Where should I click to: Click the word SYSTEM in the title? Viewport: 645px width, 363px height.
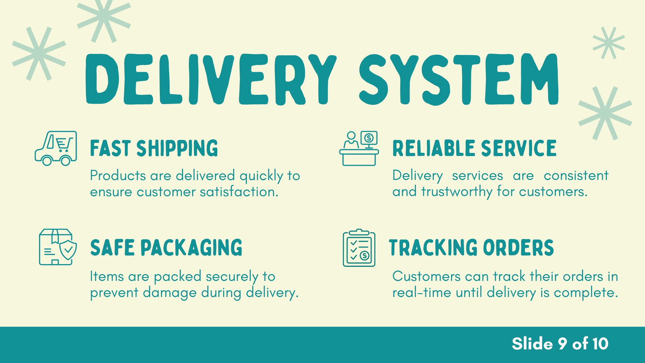[459, 79]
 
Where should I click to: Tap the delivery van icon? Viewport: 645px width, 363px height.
[56, 148]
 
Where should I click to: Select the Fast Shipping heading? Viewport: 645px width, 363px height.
[154, 148]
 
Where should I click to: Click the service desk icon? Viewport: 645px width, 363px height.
[359, 148]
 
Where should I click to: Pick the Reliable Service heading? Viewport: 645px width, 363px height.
[474, 148]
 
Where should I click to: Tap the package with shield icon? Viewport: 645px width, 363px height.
[58, 247]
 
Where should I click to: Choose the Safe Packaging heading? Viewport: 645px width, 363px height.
[166, 247]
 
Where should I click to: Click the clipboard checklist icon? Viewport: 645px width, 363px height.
[359, 248]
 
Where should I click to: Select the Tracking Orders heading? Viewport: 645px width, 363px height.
[471, 247]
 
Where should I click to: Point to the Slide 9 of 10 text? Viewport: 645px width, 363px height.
[560, 343]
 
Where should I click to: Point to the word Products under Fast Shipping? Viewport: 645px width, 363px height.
[118, 175]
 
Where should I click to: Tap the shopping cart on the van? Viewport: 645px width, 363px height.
[64, 144]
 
